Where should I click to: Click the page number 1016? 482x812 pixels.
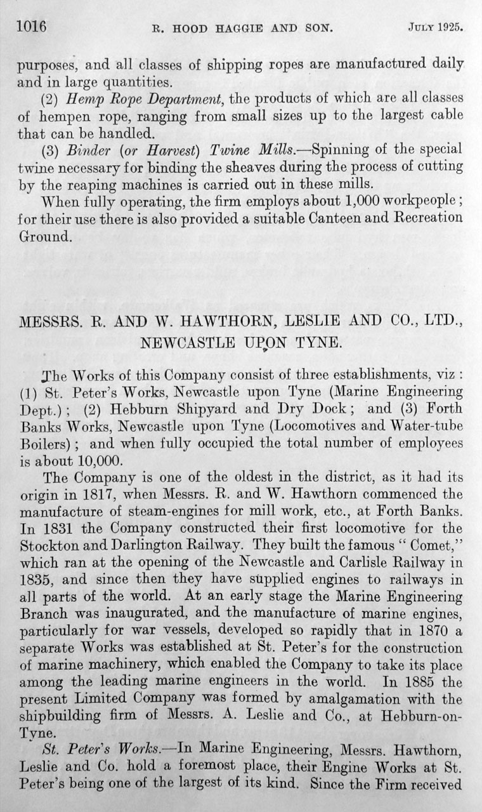tap(27, 27)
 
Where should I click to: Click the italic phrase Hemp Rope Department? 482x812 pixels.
tap(131, 98)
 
